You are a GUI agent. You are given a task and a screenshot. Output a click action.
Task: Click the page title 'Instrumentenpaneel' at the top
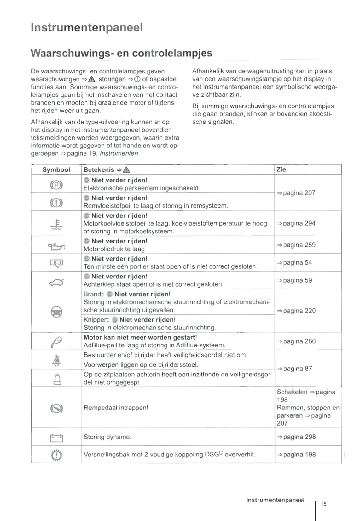pos(87,27)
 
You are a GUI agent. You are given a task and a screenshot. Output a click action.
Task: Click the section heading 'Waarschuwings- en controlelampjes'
pos(121,53)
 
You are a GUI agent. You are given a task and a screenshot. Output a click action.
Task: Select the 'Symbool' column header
pos(56,169)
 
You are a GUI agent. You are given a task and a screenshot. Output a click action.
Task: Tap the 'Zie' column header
pos(281,169)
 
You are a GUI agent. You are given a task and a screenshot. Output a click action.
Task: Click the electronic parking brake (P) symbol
pos(56,185)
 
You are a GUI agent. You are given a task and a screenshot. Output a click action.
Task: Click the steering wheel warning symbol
pos(56,312)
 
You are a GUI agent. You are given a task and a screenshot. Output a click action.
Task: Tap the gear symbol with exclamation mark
pos(56,455)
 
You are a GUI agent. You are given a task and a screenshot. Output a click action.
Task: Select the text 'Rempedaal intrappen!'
pos(116,408)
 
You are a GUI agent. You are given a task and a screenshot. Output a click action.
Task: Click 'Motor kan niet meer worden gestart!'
pos(140,337)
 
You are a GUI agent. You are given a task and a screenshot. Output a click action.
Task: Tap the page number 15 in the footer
pos(323,504)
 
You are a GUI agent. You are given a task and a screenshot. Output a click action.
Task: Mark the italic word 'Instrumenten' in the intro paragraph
pos(119,153)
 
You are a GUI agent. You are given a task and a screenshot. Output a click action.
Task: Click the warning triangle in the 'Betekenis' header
pos(126,170)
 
